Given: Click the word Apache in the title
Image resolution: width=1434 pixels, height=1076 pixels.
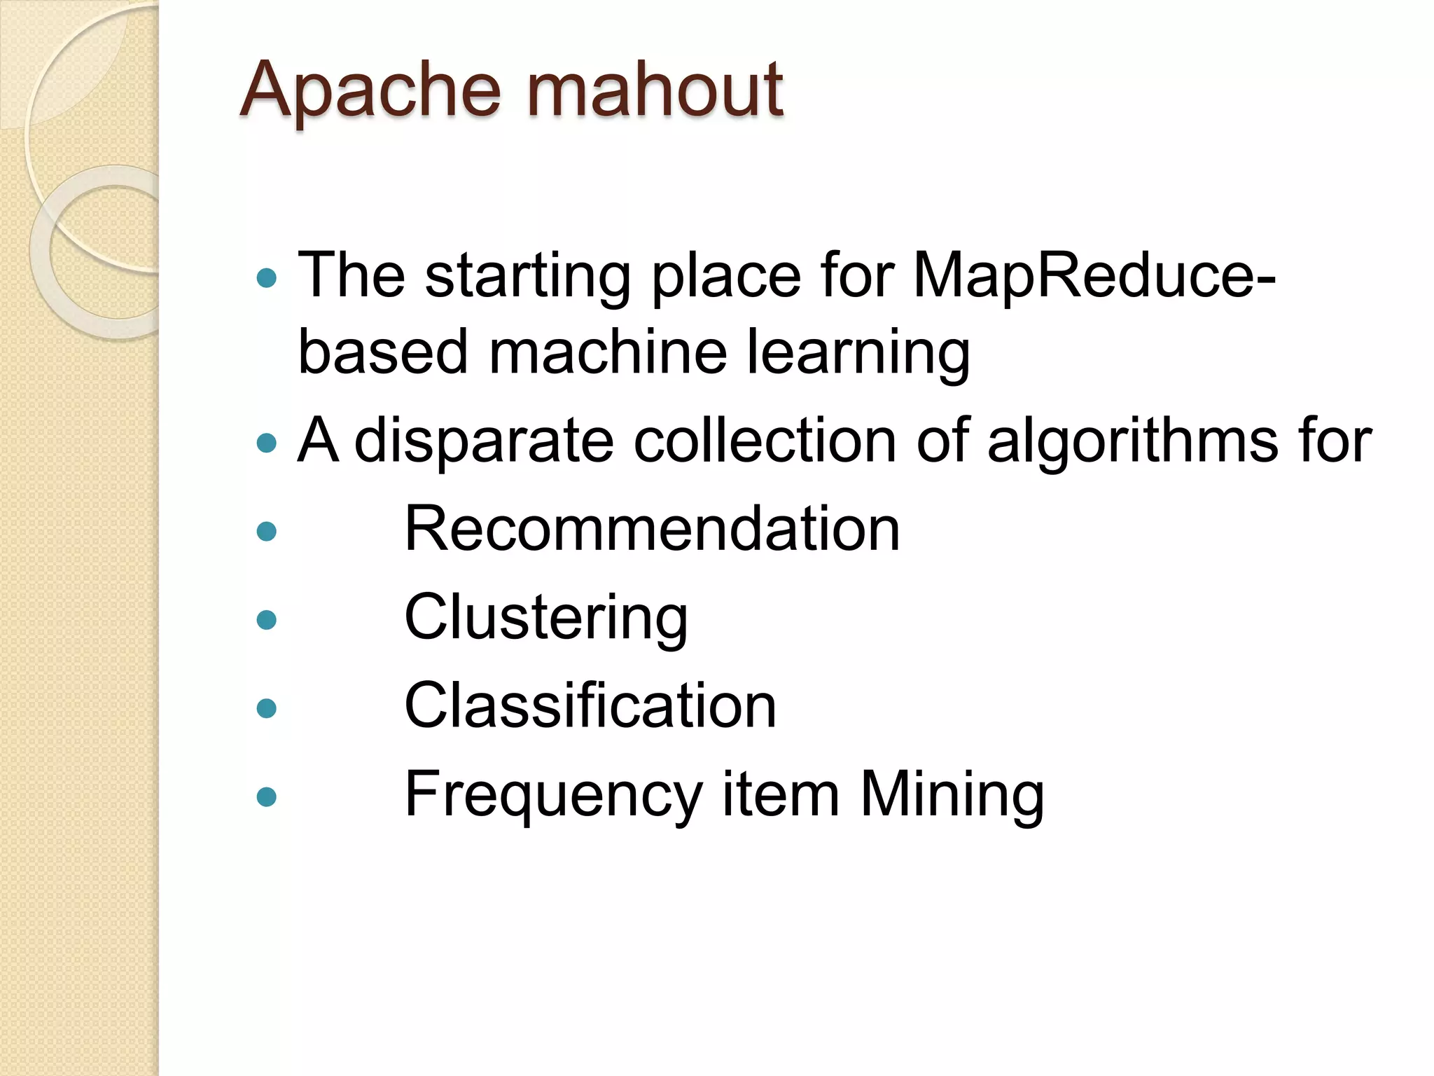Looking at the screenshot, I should pos(371,91).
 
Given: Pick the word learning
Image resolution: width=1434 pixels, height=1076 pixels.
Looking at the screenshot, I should pos(858,352).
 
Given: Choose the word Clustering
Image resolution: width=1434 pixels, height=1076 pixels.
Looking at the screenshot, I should pos(546,618).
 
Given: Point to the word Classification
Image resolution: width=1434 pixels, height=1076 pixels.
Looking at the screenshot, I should pos(590,706).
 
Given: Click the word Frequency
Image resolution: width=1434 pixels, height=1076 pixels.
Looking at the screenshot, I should pos(553,795).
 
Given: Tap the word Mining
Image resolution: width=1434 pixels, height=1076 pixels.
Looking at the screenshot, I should pos(952,795).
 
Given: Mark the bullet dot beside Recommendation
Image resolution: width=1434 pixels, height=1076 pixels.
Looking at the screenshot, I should pos(267,532).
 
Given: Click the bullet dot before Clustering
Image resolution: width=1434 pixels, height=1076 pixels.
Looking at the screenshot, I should pos(267,620).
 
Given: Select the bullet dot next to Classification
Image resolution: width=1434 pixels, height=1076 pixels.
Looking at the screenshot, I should pos(267,708).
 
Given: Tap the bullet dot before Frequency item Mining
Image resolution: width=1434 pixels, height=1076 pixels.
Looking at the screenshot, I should pos(267,797).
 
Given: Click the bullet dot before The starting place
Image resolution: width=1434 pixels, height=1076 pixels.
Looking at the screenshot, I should pos(267,279).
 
